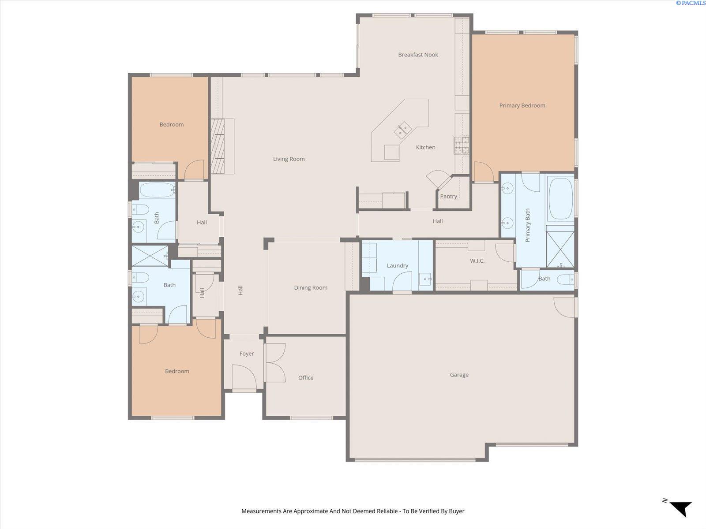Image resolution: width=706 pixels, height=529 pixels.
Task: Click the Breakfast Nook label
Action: pos(418,55)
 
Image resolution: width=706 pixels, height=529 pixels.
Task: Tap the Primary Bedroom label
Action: pos(522,106)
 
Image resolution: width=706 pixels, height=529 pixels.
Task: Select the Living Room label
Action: pos(289,159)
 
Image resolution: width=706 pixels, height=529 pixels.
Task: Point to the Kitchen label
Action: pos(425,147)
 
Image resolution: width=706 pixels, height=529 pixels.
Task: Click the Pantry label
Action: pos(448,196)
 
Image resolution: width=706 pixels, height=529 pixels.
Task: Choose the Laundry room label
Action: pos(398,266)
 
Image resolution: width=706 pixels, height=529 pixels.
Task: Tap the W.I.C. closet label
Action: pos(477,261)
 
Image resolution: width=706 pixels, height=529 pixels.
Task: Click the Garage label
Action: pos(459,375)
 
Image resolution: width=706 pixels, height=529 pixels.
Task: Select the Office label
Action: pos(305,378)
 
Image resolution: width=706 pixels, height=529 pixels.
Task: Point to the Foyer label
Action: pos(247,354)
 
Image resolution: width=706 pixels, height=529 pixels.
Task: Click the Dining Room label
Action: pos(311,288)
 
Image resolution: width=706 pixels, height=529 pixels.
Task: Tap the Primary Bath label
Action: pos(527,225)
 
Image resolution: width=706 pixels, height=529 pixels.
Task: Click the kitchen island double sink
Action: pos(402,130)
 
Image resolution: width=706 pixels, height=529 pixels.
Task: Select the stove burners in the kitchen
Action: pos(462,145)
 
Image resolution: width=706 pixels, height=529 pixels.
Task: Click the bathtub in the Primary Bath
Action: pos(561,198)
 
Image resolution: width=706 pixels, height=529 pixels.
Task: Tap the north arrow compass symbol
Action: pos(681,508)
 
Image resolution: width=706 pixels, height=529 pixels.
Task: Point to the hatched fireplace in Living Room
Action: pos(218,146)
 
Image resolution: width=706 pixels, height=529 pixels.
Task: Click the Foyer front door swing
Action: pos(244,377)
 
